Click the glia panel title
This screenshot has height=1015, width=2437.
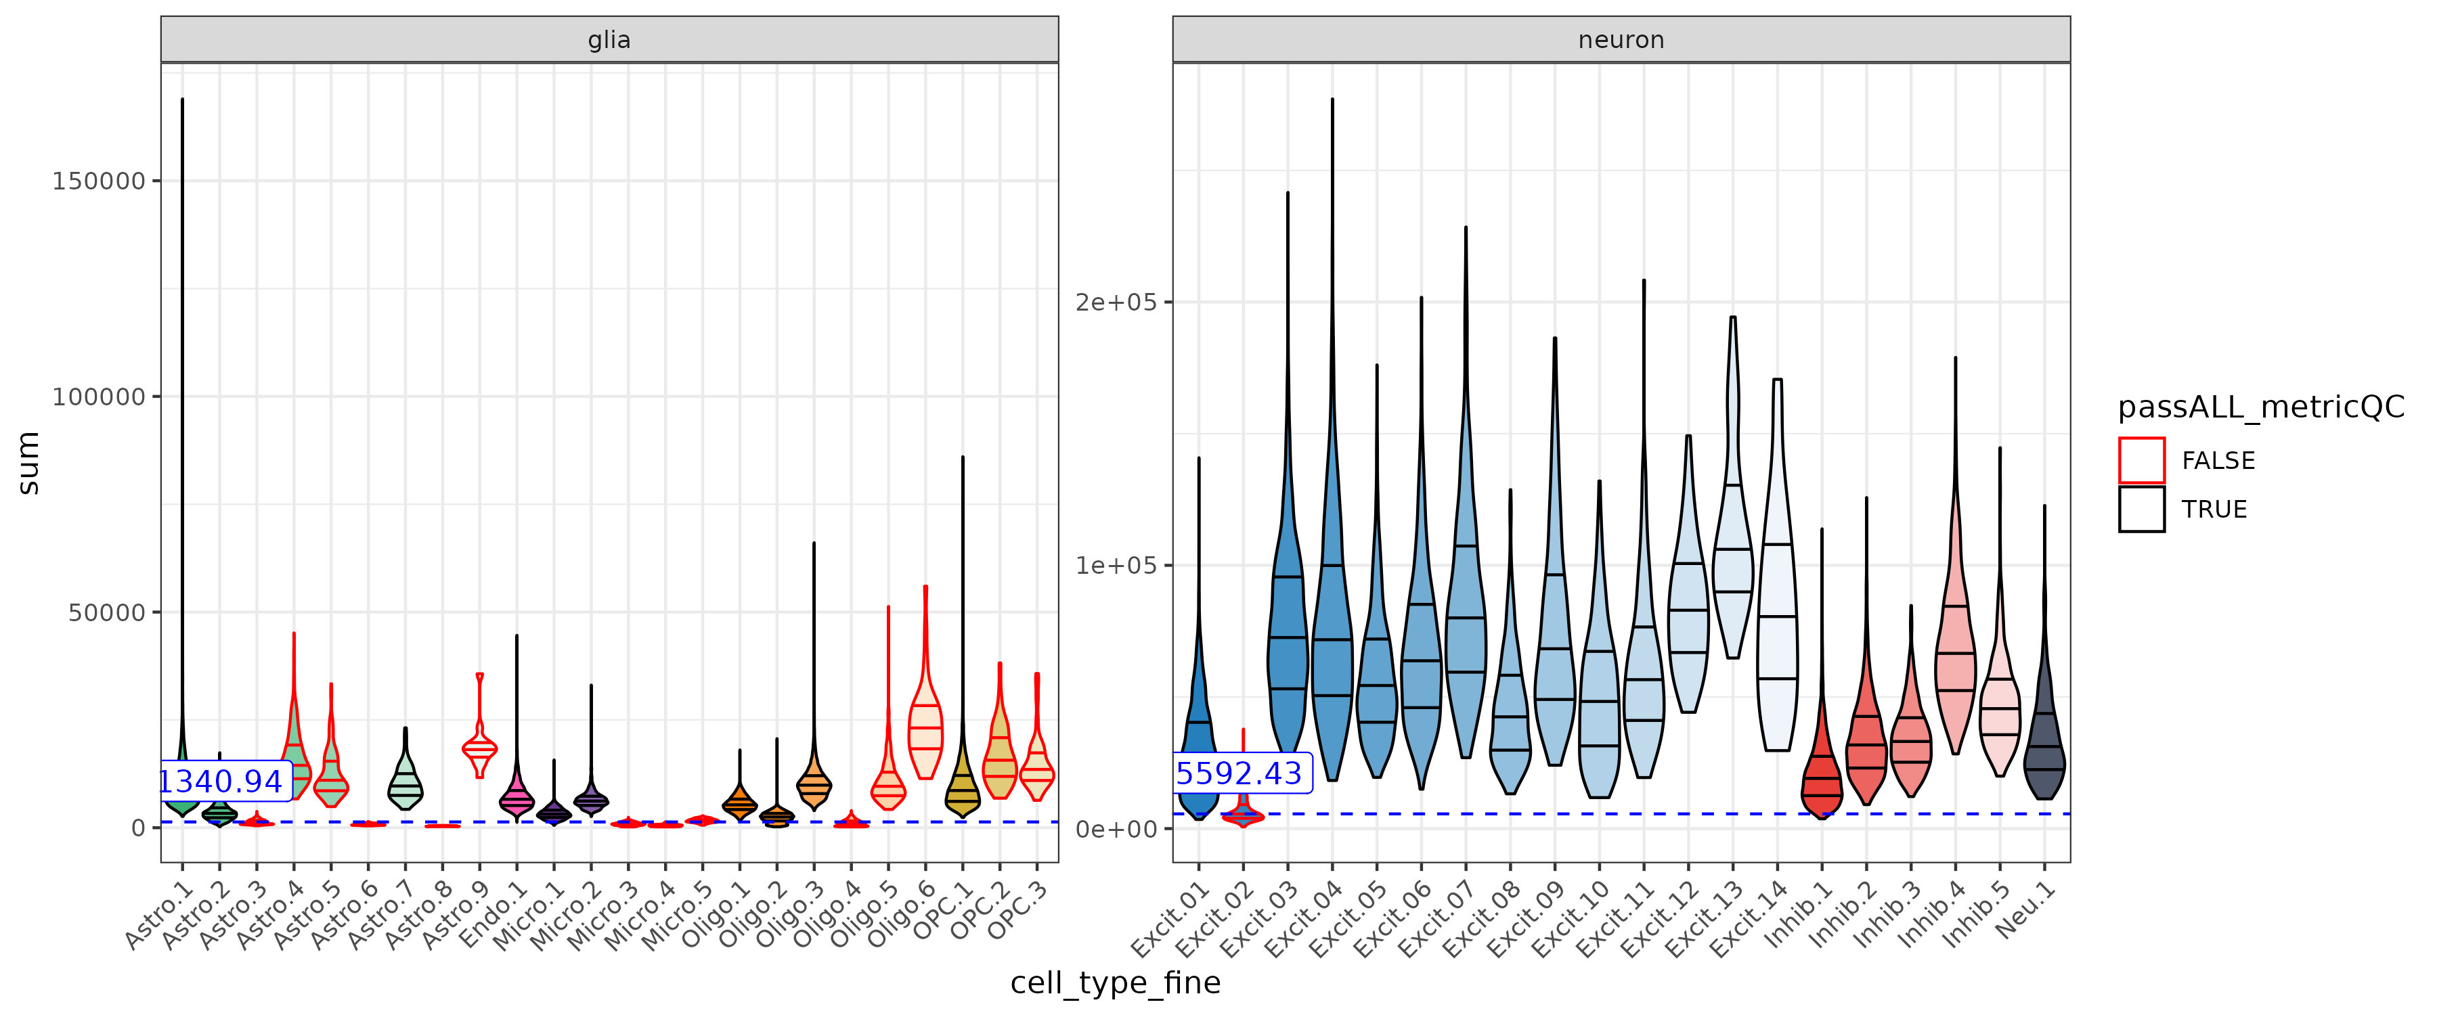pos(609,40)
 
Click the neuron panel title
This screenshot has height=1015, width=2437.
pos(1620,40)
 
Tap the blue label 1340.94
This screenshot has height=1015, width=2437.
pos(221,782)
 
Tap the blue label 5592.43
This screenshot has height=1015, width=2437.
pos(1239,774)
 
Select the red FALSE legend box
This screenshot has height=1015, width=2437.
pos(2141,461)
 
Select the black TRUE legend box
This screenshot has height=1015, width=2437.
pos(2141,509)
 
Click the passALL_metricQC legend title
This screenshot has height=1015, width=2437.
pos(2260,407)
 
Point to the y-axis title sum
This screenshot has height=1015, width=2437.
pos(28,463)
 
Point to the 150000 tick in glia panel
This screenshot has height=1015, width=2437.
pos(98,181)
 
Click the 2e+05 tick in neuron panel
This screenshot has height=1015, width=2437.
pos(1116,302)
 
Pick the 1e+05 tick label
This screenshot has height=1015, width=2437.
pos(1116,566)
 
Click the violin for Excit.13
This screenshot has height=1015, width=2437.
pos(1732,568)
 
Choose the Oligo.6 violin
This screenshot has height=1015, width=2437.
pos(925,728)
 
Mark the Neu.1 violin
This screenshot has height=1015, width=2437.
pos(2044,747)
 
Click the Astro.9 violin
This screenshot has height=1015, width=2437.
pos(480,747)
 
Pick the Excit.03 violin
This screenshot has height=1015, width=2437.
pos(1288,644)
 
